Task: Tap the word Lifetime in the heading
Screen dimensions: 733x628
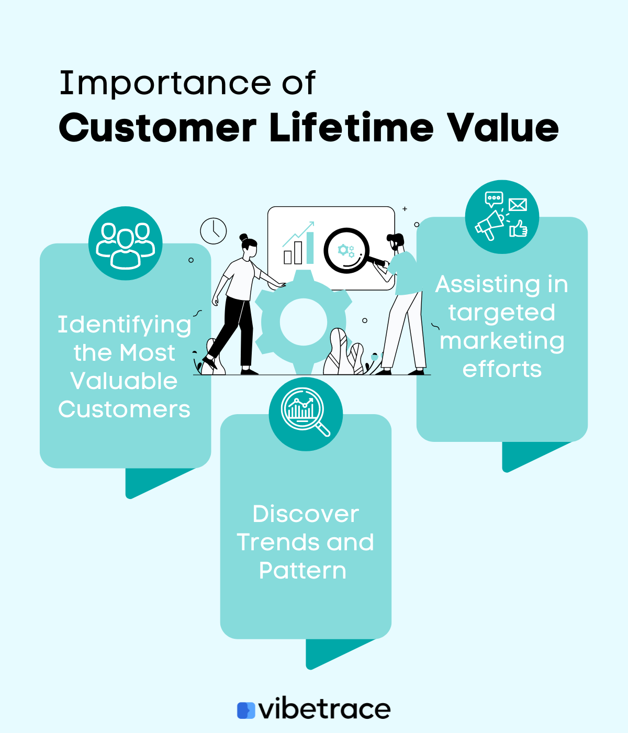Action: tap(352, 128)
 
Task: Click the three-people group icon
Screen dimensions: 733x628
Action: tap(126, 244)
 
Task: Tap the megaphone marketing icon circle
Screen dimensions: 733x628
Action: tap(502, 217)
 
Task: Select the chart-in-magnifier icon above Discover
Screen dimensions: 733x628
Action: tap(306, 414)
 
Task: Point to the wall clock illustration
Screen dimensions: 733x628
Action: tap(214, 231)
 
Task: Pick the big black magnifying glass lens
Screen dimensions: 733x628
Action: tap(346, 251)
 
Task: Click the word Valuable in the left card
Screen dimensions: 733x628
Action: tap(124, 381)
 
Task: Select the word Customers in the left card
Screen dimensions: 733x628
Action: tap(124, 409)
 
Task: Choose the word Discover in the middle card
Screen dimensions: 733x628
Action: tap(306, 514)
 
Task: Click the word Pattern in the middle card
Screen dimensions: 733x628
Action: tap(303, 571)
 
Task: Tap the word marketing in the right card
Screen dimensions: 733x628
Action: tap(502, 341)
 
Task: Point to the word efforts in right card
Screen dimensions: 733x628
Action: tap(502, 369)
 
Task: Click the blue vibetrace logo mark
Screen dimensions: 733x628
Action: tap(246, 710)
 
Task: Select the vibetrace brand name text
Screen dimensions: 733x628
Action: tap(325, 709)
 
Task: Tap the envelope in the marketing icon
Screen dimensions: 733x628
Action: tap(518, 205)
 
